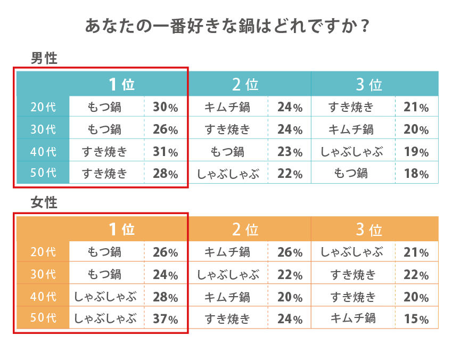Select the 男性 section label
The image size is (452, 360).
coord(44,58)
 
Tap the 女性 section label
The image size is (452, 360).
coord(44,203)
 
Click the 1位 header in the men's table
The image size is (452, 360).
coord(121,84)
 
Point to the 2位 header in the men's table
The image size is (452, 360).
coord(245,84)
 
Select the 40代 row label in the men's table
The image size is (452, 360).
coord(43,152)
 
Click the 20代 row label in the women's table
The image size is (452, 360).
coord(43,252)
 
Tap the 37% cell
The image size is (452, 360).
coord(166,320)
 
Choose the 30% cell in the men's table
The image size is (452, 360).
coord(166,108)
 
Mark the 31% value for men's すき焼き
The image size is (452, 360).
coord(166,152)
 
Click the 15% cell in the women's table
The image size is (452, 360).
coord(416,320)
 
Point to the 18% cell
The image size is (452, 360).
coord(416,174)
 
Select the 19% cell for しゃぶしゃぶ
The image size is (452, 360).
coord(416,152)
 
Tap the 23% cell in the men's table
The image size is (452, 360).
coord(290,152)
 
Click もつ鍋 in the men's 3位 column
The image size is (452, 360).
coord(351,173)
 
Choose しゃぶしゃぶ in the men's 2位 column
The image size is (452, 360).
coord(228,174)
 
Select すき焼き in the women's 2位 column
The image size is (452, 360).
coord(228,319)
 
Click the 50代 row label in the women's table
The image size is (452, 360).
coord(43,318)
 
